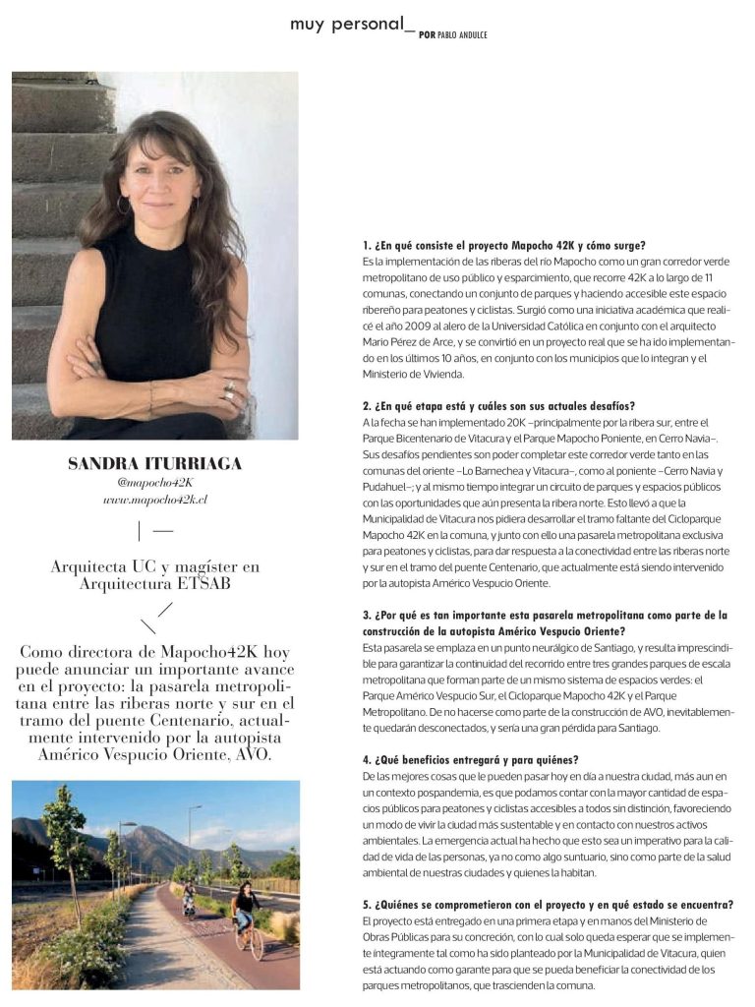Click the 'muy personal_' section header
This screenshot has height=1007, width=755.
coord(347,24)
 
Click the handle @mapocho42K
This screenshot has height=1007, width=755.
coord(154,483)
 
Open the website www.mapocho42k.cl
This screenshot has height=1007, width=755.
coord(154,500)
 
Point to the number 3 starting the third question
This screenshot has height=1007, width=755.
coord(366,615)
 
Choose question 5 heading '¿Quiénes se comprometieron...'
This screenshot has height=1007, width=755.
coord(546,905)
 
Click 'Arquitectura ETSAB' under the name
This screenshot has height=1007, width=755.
coord(154,583)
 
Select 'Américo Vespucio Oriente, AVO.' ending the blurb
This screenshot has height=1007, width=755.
coord(154,754)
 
